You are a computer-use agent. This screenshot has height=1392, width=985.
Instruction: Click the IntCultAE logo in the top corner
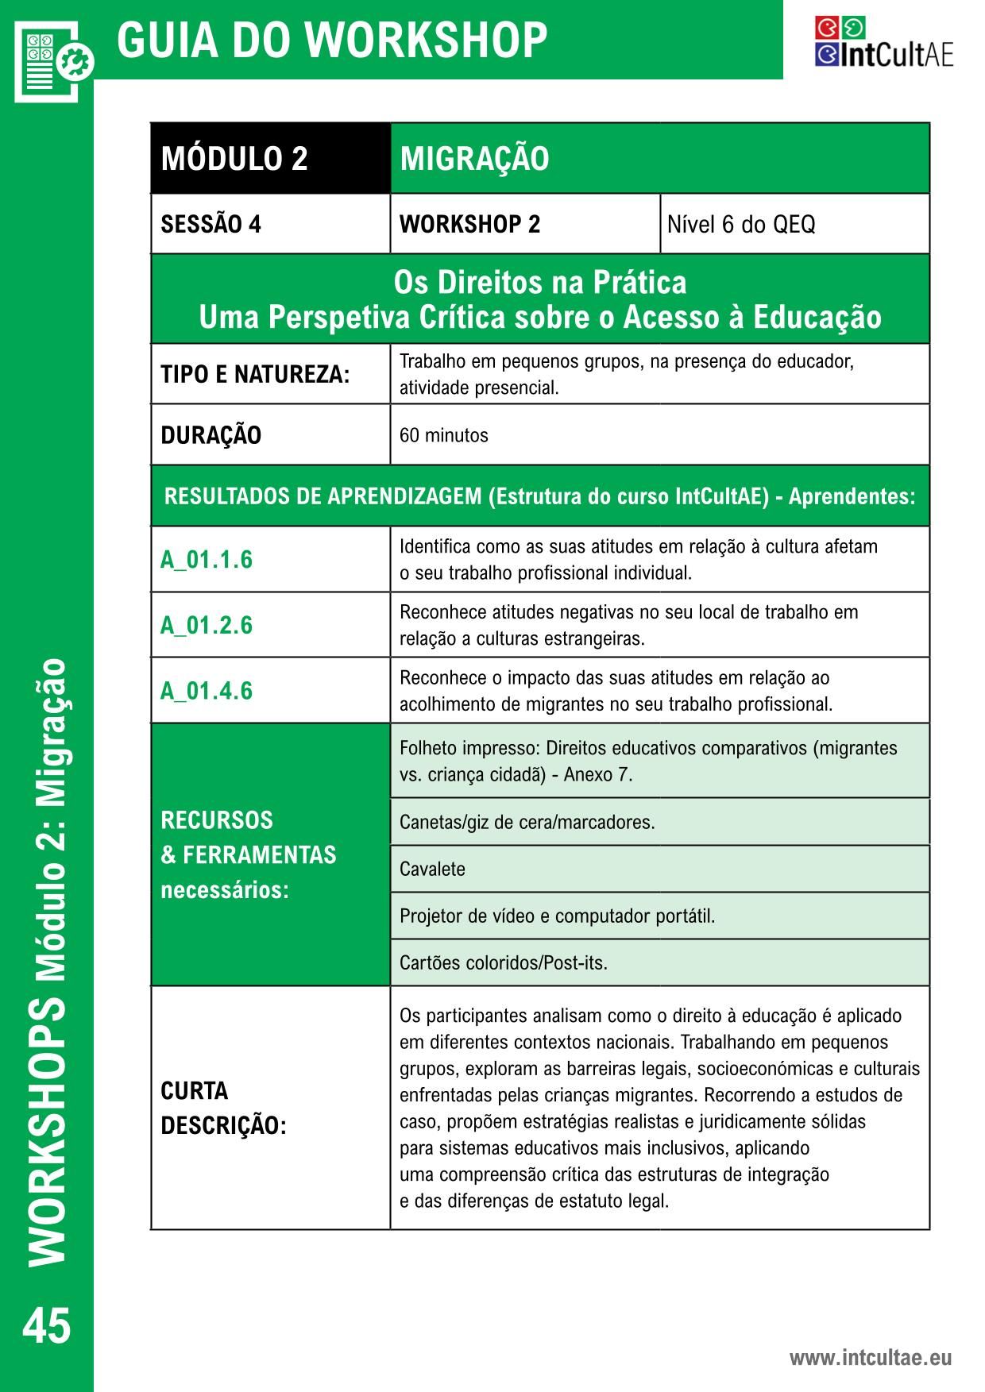(x=883, y=44)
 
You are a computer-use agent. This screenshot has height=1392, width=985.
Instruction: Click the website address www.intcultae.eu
(x=870, y=1357)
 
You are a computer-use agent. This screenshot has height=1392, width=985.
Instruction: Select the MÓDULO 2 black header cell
(x=234, y=159)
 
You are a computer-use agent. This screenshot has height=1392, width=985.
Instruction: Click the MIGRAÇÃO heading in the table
(x=474, y=159)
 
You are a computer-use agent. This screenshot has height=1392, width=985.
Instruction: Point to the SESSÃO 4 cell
(x=211, y=225)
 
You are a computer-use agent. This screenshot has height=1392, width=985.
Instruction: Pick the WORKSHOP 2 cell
(x=469, y=225)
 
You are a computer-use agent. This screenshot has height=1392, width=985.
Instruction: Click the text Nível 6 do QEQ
(x=740, y=225)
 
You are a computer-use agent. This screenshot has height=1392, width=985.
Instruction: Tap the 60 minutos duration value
(x=443, y=435)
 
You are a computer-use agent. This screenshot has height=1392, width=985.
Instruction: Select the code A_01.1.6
(x=207, y=560)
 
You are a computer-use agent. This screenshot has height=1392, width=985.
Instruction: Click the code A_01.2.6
(x=207, y=626)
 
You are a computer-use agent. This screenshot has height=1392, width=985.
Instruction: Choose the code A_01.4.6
(x=207, y=691)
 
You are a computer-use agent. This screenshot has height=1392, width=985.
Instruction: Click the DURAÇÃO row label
(x=211, y=435)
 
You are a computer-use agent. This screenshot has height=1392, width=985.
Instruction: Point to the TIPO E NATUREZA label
(x=255, y=374)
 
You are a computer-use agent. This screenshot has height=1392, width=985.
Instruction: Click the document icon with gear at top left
(x=52, y=60)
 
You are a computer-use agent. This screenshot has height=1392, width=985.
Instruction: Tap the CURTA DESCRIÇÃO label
(x=223, y=1108)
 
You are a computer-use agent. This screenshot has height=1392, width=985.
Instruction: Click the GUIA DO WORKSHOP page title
(x=332, y=40)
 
